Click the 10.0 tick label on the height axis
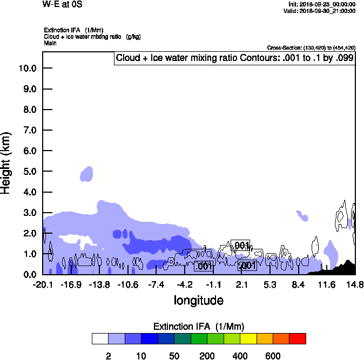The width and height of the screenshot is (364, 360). coord(27,68)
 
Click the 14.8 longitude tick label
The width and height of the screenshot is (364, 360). coord(355,284)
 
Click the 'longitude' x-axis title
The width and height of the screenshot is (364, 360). coord(198,300)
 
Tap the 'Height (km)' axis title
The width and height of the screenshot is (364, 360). coord(7,162)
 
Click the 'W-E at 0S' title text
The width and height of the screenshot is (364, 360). coord(63,4)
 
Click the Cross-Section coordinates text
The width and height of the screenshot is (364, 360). coord(311,47)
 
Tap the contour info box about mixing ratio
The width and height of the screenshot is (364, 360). coord(235,58)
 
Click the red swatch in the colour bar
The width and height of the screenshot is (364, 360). coord(298,338)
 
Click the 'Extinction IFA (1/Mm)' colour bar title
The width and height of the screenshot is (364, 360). coord(199,326)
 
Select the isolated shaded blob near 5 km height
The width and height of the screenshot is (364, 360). coord(87,174)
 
